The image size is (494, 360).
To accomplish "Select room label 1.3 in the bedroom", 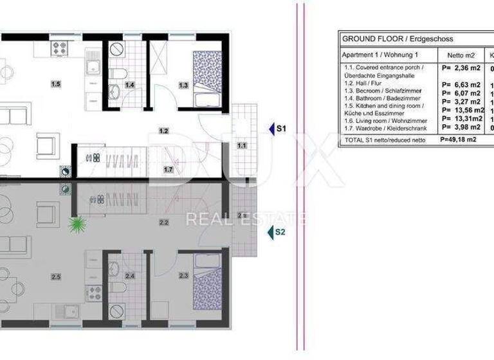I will tap(183, 85).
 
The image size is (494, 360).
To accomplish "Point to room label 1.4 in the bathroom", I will tap(129, 85).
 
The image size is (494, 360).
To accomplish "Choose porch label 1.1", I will tap(242, 145).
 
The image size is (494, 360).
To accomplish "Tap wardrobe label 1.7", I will tap(168, 170).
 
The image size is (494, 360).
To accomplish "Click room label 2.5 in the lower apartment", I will tap(56, 277).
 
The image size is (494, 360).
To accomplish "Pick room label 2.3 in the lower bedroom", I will tap(183, 277).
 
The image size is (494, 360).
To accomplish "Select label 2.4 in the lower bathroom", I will tap(129, 277).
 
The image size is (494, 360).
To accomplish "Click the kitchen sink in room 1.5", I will tap(90, 67).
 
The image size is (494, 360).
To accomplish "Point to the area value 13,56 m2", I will tap(461, 109).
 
